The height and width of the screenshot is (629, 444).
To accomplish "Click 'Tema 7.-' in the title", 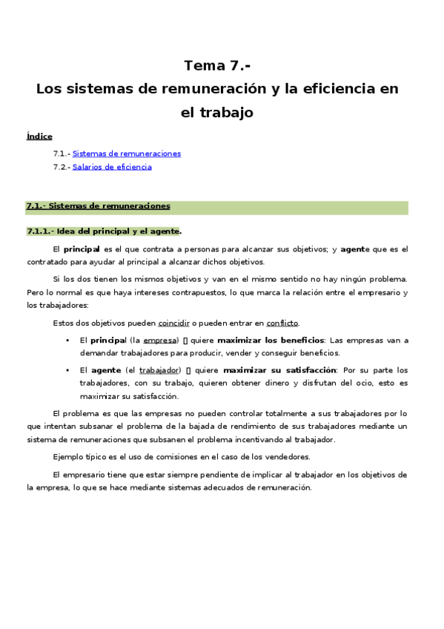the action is [x=217, y=65].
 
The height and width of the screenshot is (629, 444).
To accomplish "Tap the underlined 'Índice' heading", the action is [x=39, y=136].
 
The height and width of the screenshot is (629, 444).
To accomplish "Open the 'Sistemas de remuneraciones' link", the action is [x=127, y=154].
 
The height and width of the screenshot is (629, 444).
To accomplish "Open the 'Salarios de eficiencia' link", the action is [x=112, y=167].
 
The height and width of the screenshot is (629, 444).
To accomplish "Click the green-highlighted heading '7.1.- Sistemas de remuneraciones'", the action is [x=98, y=206].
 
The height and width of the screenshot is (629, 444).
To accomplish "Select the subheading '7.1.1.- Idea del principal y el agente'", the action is [x=103, y=231].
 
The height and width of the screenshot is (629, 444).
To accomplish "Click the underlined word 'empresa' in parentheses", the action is [x=160, y=340].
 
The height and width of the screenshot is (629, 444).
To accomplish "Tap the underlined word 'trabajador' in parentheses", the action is [x=159, y=370].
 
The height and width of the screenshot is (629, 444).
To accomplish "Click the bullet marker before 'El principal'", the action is [x=67, y=340].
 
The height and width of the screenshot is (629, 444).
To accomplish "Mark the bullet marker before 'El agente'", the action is [x=67, y=370].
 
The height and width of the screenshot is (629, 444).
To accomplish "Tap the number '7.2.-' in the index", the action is [x=62, y=167].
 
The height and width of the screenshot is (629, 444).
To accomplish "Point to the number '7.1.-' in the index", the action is [x=62, y=154].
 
